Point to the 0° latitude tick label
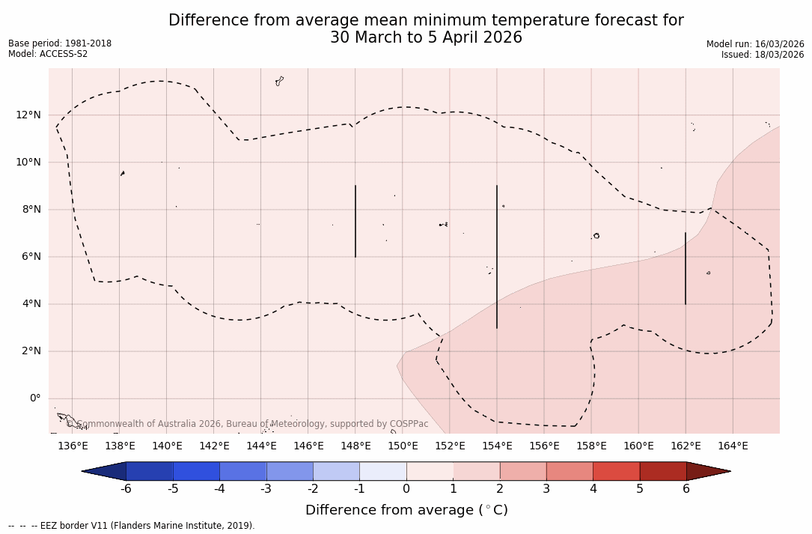tap(34, 398)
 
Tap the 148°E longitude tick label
tap(355, 446)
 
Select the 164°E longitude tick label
tap(733, 446)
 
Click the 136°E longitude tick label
tap(73, 446)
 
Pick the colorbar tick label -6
tap(126, 490)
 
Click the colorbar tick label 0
tap(406, 490)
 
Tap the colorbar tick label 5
tap(640, 490)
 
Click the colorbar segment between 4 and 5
tap(616, 471)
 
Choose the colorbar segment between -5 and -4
tap(197, 471)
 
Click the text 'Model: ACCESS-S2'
tap(48, 54)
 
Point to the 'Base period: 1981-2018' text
tap(60, 43)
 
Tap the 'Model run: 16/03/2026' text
tap(755, 44)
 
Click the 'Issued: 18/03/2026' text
tap(763, 55)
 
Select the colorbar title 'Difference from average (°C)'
tap(406, 510)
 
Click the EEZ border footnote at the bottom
tap(132, 526)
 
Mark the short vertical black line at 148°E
tap(355, 221)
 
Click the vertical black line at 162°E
tap(686, 268)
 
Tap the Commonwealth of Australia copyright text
tap(247, 424)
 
